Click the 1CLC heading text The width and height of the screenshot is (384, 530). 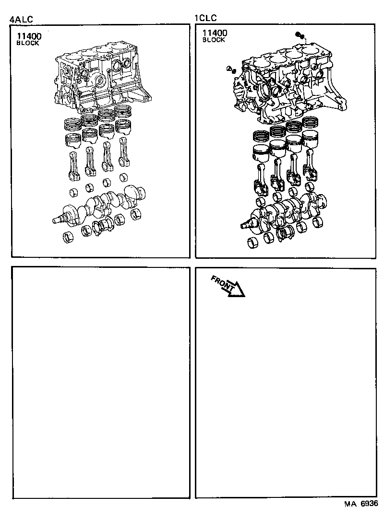205,19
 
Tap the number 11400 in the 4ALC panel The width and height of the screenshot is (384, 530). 29,35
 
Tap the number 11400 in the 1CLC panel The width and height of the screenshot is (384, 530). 215,33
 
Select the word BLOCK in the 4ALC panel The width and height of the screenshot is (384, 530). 27,43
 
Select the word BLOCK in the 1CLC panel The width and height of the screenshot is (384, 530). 214,40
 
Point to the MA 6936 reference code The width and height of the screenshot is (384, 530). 360,504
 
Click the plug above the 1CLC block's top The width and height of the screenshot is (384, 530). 300,36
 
